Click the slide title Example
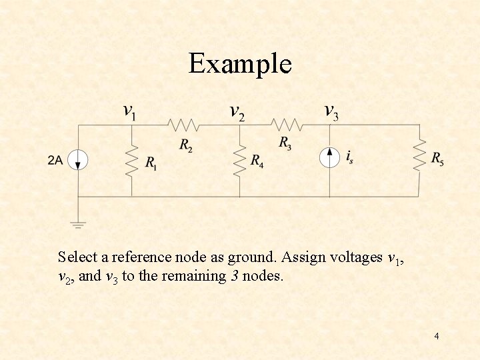tap(240, 65)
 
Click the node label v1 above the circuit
tap(131, 111)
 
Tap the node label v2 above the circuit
tap(237, 111)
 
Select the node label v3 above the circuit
tap(331, 111)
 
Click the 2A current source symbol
tap(79, 160)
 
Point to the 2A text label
tap(55, 160)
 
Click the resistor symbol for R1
tap(131, 160)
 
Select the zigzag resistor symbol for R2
tap(183, 125)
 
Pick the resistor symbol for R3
tap(287, 125)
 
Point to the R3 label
tap(285, 143)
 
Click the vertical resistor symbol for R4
tap(239, 160)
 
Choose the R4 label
tap(257, 161)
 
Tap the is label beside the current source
tap(349, 157)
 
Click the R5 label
tap(437, 158)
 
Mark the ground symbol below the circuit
tap(79, 224)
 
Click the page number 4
tap(436, 336)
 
